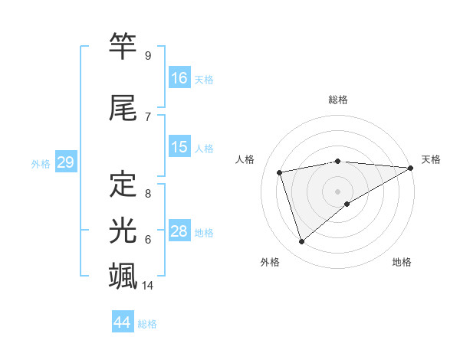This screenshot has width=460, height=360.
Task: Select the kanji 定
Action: pyautogui.click(x=123, y=185)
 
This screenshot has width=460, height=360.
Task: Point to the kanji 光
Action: pyautogui.click(x=123, y=230)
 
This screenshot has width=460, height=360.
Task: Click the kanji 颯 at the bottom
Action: pyautogui.click(x=123, y=276)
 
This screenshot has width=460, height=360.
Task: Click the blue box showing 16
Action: pyautogui.click(x=179, y=78)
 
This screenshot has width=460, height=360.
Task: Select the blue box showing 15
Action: pyautogui.click(x=179, y=147)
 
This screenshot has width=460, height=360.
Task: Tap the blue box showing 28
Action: pyautogui.click(x=179, y=231)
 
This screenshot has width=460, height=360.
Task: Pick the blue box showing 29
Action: pyautogui.click(x=64, y=162)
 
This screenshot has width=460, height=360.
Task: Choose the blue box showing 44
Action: pyautogui.click(x=123, y=322)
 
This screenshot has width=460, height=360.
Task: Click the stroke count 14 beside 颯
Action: pyautogui.click(x=149, y=286)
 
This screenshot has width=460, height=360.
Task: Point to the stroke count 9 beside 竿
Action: pyautogui.click(x=148, y=56)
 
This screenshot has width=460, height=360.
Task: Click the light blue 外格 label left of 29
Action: pyautogui.click(x=41, y=163)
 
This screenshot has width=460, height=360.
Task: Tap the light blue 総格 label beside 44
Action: pyautogui.click(x=147, y=324)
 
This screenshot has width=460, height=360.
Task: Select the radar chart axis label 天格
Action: pyautogui.click(x=431, y=159)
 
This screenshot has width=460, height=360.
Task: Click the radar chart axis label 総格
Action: pyautogui.click(x=337, y=100)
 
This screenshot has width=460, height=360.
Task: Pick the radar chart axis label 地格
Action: pyautogui.click(x=402, y=262)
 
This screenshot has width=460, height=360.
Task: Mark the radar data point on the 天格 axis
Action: pyautogui.click(x=412, y=167)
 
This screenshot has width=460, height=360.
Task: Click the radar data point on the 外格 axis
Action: pyautogui.click(x=301, y=242)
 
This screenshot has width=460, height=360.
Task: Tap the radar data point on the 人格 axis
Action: pyautogui.click(x=281, y=172)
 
